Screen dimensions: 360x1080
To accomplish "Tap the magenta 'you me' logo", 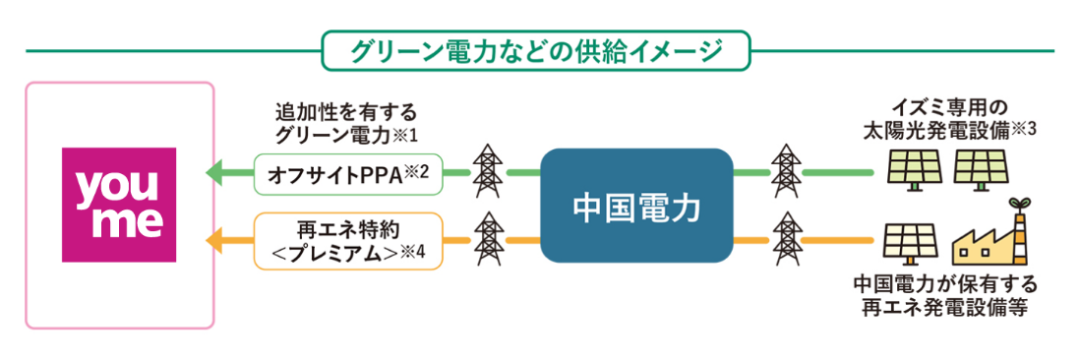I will click(119, 206).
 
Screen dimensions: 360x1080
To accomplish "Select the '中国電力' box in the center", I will click(637, 206).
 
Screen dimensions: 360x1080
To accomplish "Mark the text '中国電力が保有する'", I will click(944, 285).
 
